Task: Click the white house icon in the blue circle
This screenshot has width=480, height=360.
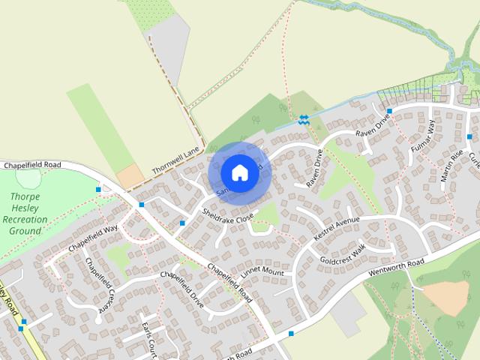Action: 238,172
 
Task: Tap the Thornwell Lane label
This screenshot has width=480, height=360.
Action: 174,160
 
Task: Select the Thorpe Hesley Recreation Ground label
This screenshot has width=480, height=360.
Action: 25,214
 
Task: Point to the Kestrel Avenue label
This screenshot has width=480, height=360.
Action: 337,229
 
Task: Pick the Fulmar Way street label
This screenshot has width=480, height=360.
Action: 423,139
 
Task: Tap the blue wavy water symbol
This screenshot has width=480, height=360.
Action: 303,119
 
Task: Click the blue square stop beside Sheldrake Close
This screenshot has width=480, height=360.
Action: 182,223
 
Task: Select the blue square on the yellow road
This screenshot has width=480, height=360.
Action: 22,322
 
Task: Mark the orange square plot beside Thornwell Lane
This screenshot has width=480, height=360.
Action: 130,176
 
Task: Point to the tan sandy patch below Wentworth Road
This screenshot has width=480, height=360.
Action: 445,297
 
